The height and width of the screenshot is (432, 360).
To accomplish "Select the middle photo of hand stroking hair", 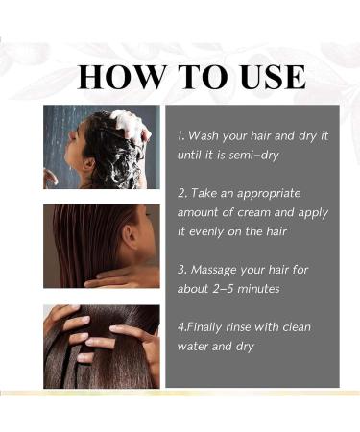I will point(101,246).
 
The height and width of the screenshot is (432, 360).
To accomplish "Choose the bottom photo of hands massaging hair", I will point(101,346).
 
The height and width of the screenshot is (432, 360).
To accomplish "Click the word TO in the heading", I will point(190,76).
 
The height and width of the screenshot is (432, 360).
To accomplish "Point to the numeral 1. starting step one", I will point(181,135).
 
